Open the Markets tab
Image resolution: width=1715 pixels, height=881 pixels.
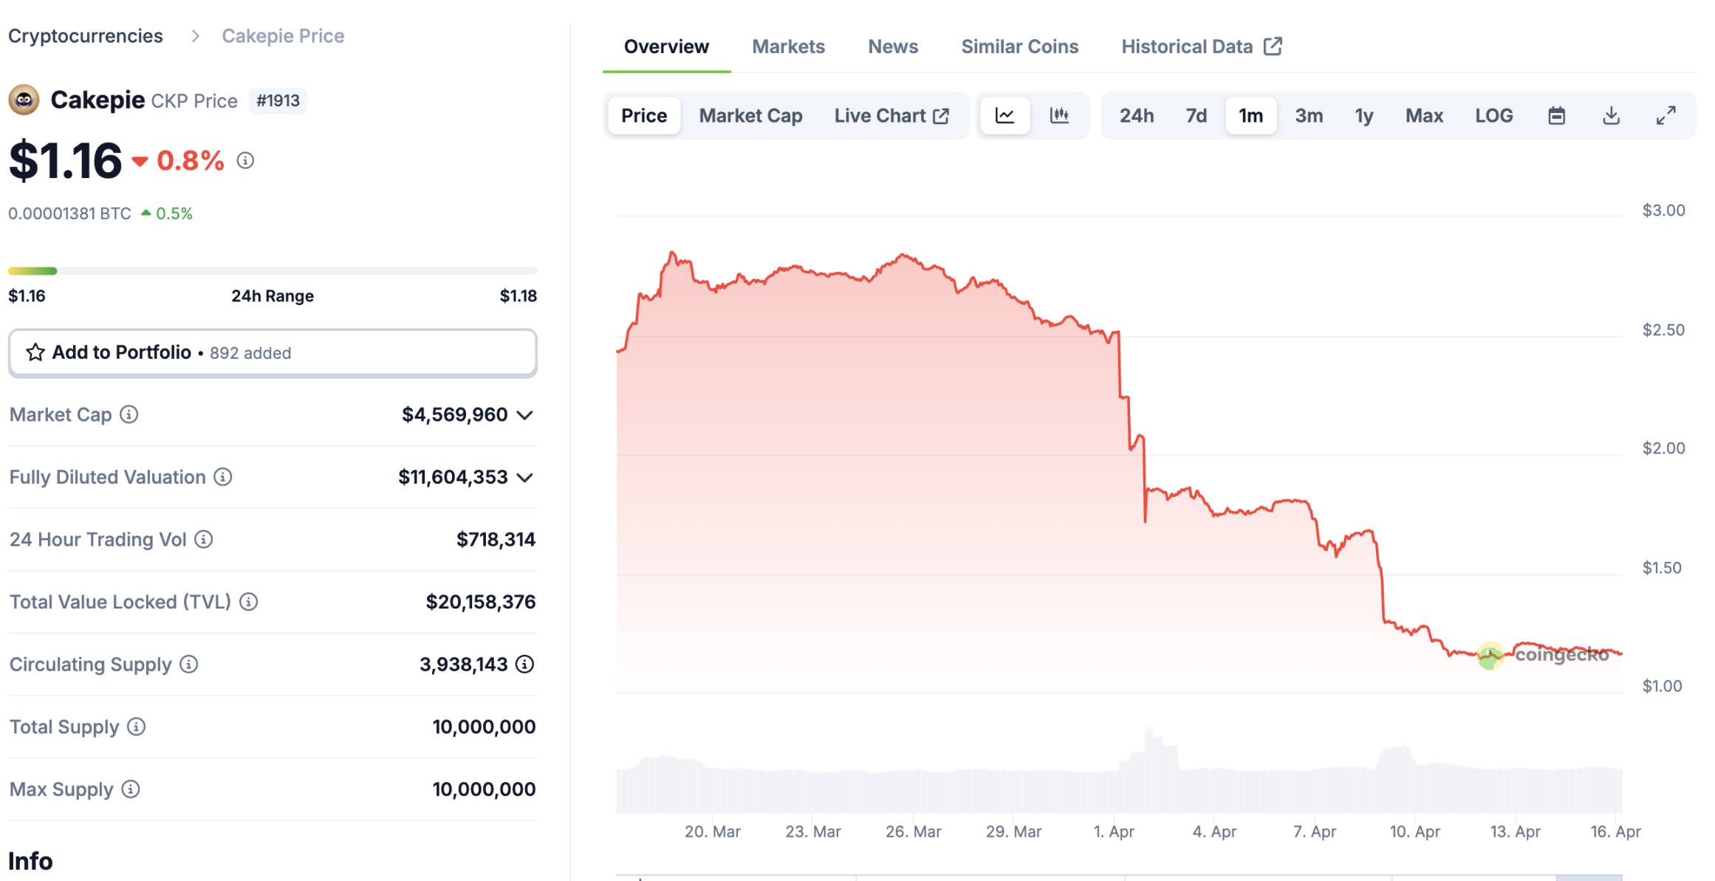click(x=788, y=47)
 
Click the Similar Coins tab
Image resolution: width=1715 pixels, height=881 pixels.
click(x=1019, y=47)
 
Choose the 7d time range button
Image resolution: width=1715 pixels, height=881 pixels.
click(x=1196, y=116)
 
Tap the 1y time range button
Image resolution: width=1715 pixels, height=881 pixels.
click(x=1363, y=116)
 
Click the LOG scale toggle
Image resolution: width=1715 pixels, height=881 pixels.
click(x=1493, y=116)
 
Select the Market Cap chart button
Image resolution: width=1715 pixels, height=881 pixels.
click(x=750, y=116)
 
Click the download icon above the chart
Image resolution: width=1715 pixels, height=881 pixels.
click(x=1611, y=116)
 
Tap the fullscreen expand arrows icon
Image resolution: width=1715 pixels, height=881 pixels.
click(x=1666, y=116)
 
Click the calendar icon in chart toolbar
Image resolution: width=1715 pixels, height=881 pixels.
click(x=1556, y=116)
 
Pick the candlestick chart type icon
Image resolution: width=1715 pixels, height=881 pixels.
click(x=1059, y=116)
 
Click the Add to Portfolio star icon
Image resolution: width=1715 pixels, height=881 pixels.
click(x=35, y=352)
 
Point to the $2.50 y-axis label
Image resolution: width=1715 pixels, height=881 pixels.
click(x=1663, y=330)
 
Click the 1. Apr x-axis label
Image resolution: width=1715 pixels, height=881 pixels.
click(x=1114, y=832)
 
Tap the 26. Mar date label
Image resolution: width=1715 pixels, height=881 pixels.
click(x=913, y=832)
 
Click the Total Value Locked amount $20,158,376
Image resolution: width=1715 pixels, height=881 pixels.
click(x=480, y=602)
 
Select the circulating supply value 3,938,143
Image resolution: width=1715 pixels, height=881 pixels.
click(x=463, y=665)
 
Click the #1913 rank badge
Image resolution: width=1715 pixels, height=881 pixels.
click(x=278, y=100)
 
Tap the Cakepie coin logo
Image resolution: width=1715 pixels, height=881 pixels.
click(x=24, y=100)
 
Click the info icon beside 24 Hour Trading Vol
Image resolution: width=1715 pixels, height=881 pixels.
click(x=204, y=540)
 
